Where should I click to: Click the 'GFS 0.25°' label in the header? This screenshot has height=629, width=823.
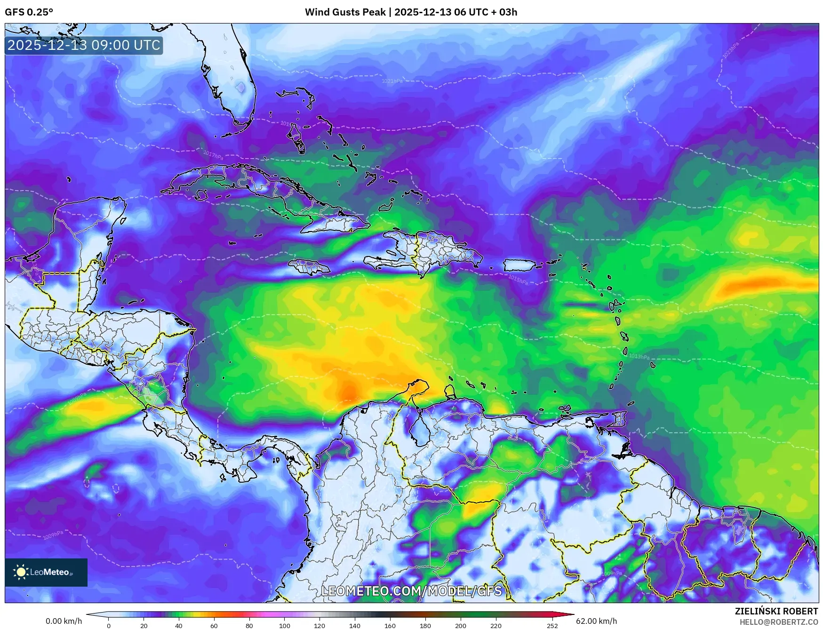pos(29,12)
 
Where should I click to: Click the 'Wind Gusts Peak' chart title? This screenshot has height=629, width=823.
pos(411,12)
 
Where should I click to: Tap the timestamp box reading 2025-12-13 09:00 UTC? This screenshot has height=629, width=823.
pos(84,45)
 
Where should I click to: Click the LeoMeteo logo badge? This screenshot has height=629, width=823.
pos(46,572)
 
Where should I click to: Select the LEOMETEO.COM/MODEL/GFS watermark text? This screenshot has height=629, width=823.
pos(411,591)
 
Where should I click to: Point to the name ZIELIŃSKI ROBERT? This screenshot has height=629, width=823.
pos(776,611)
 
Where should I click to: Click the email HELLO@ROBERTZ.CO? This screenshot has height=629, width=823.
pos(778,622)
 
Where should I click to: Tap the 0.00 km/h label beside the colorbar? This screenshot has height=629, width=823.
pos(64,621)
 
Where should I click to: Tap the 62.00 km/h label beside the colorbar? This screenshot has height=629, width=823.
pos(596,621)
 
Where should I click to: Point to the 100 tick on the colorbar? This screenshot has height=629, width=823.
pos(284,626)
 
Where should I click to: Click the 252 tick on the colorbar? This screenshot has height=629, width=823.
pos(552,626)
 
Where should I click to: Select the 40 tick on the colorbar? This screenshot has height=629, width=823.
pos(179,626)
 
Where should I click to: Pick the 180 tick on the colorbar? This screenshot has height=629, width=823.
pos(425,626)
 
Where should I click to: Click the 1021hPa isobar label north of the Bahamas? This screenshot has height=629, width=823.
pos(392,81)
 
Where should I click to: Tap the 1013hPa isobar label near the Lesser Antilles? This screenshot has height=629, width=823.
pos(639,356)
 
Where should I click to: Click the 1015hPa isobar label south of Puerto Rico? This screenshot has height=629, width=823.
pos(518,279)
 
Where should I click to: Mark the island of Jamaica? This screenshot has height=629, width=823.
pos(309,267)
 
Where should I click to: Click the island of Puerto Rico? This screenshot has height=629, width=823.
pos(519,265)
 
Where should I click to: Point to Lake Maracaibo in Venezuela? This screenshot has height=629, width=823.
pos(417,430)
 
